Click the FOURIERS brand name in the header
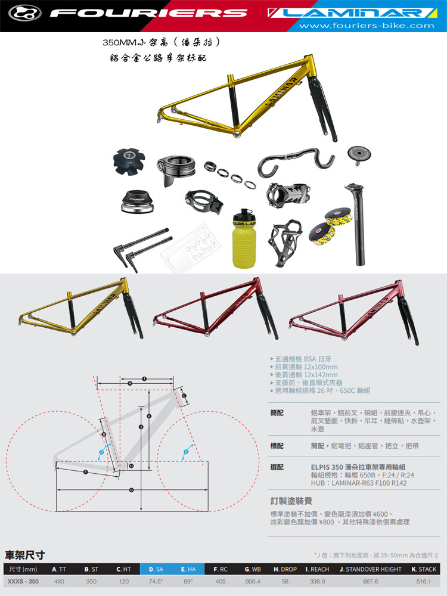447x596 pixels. click(149, 13)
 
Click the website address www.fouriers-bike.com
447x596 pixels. click(367, 26)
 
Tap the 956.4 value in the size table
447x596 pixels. click(253, 581)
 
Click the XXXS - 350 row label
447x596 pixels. click(23, 581)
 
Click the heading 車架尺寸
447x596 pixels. click(25, 555)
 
